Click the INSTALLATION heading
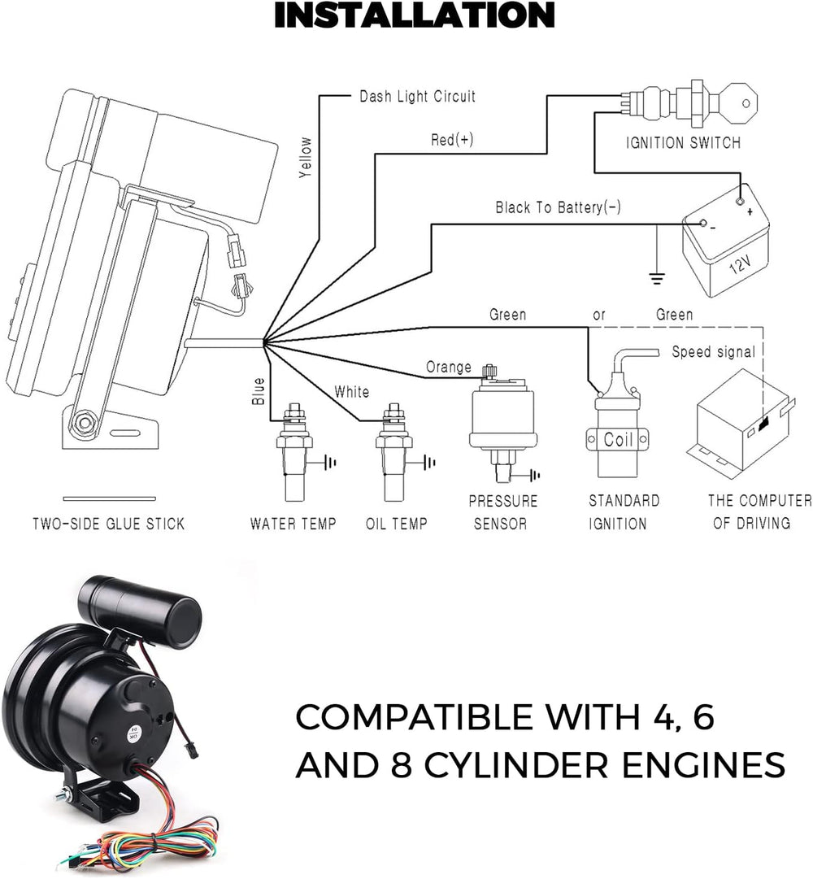pos(414,16)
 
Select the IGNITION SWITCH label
pos(683,143)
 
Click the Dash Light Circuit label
pos(417,97)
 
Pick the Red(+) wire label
pos(451,140)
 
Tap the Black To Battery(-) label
pos(558,208)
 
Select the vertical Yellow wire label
pos(305,156)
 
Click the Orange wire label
pos(449,368)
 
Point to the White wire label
pos(351,392)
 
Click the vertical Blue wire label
pos(259,390)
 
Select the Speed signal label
pos(713,352)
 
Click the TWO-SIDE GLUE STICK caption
pos(108,524)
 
